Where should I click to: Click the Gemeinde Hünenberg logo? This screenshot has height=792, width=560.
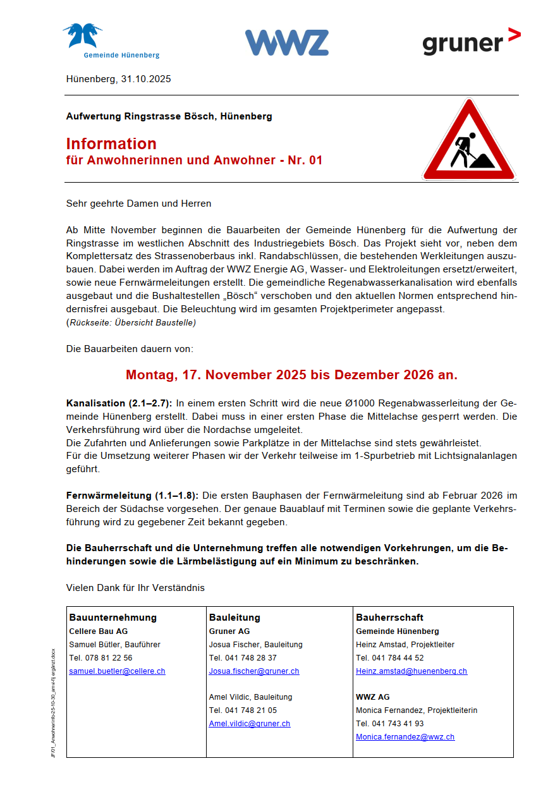[111, 41]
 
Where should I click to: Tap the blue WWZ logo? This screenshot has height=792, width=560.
[286, 42]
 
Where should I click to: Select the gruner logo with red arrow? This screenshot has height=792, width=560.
[471, 42]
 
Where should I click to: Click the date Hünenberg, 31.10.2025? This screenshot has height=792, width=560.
[118, 79]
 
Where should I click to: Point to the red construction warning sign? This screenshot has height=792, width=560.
[468, 142]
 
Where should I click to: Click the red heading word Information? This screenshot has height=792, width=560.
[111, 143]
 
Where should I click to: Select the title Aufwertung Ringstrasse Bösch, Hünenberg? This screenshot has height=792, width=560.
[169, 116]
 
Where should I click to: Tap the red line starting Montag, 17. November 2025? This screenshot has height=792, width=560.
[291, 374]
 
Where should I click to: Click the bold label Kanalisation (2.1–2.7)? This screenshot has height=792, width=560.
[119, 403]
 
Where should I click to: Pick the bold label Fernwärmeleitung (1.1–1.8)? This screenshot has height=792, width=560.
[132, 496]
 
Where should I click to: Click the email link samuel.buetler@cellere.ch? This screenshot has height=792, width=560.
[117, 671]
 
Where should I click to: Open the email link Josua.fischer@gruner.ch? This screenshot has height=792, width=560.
[254, 671]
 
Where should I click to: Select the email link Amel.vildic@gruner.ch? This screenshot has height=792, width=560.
[250, 723]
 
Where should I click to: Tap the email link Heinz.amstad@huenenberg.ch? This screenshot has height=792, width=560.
[411, 671]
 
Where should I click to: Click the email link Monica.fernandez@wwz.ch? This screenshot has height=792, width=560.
[405, 736]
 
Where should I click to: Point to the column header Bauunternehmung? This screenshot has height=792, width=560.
[113, 617]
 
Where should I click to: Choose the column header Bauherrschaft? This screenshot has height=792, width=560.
[389, 617]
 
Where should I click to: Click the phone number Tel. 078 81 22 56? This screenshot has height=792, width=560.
[100, 657]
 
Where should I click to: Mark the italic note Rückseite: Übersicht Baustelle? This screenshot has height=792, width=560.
[131, 322]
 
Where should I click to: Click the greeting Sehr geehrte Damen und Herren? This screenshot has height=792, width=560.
[138, 204]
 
